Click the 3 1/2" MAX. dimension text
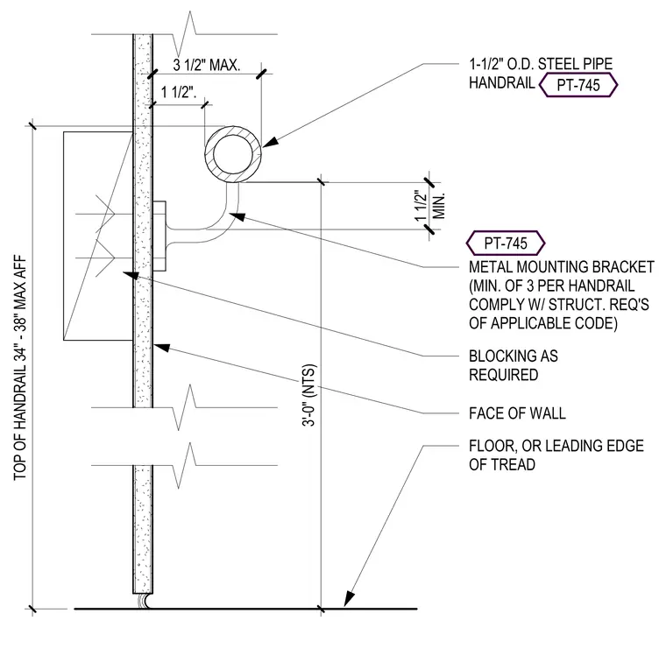click(x=207, y=66)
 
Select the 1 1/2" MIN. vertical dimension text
click(x=429, y=206)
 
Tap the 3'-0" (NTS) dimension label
click(x=309, y=395)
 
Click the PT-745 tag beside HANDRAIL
click(x=578, y=85)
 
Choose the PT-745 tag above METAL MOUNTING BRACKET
click(x=506, y=243)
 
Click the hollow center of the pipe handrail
click(x=233, y=154)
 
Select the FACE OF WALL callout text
click(x=517, y=413)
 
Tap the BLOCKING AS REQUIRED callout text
click(x=514, y=365)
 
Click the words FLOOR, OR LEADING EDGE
click(x=556, y=446)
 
